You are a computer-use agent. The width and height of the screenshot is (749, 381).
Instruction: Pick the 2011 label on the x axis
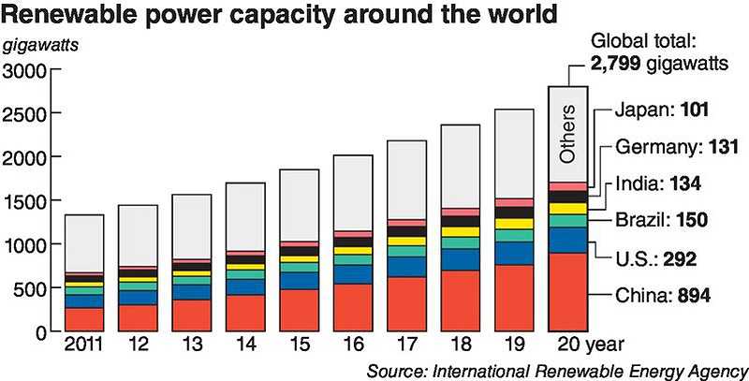coord(83,346)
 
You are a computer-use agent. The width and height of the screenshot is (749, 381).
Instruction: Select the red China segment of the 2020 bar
coord(567,292)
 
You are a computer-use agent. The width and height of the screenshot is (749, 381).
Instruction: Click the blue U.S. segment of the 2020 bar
coord(567,240)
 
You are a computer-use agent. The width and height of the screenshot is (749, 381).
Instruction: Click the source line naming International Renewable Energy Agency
coord(557,369)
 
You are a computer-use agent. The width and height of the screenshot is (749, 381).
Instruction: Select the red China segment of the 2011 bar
coord(83,319)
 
